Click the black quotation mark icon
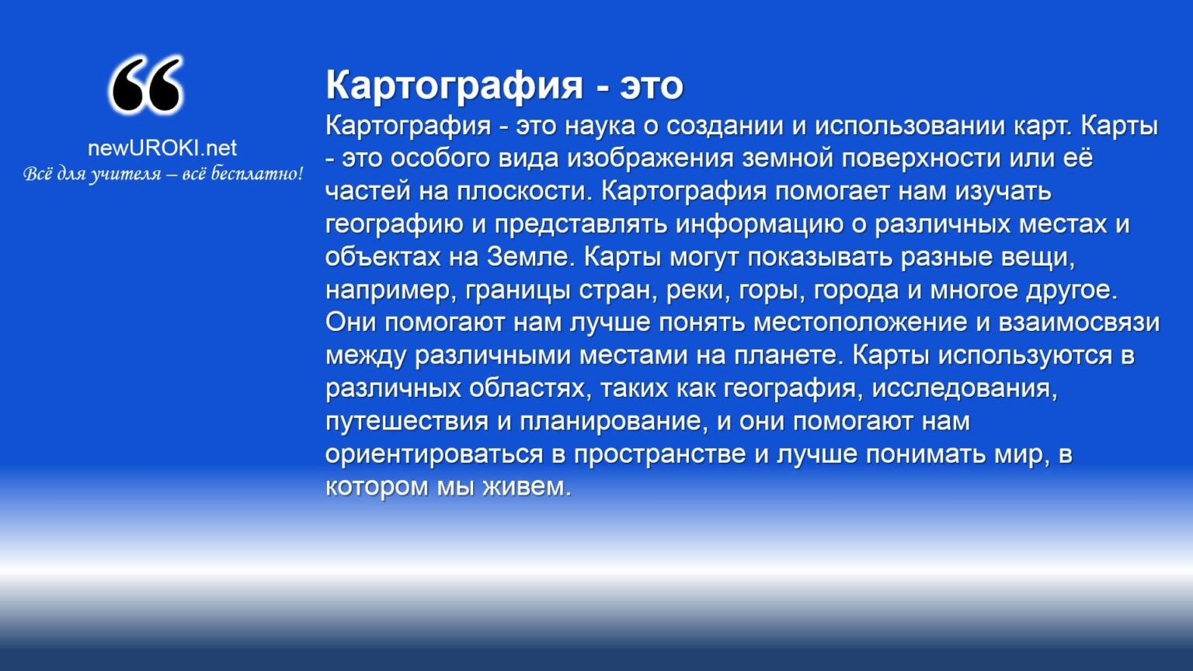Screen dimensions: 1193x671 tap(146, 85)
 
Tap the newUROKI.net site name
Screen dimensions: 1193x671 tap(162, 148)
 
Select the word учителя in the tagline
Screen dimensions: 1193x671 tap(125, 175)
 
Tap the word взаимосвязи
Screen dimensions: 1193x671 tap(1079, 323)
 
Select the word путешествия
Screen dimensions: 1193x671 tap(407, 422)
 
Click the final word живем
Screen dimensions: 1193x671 tap(527, 487)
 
